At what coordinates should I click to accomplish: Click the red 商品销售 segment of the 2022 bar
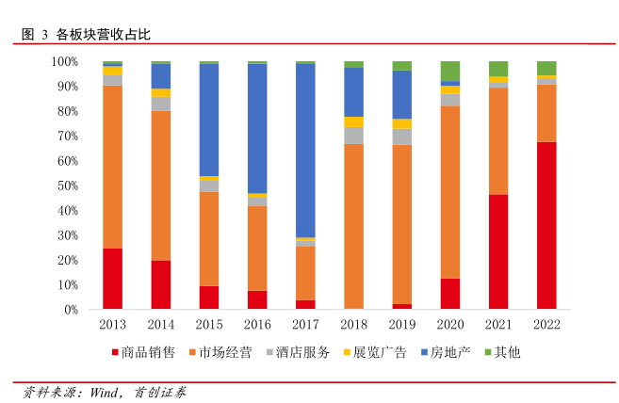[546, 225]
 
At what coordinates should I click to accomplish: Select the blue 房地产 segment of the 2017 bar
[305, 151]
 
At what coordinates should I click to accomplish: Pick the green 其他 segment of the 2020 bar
[449, 71]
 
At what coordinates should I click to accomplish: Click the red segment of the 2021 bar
[498, 251]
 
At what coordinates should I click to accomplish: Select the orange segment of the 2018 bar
[353, 226]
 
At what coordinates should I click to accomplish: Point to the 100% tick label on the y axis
[64, 61]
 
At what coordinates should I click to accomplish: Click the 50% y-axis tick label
[67, 185]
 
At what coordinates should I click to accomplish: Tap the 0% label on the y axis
[70, 310]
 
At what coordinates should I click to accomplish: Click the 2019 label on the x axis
[401, 324]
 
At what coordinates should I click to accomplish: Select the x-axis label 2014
[161, 324]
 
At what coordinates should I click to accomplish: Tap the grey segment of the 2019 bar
[401, 137]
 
